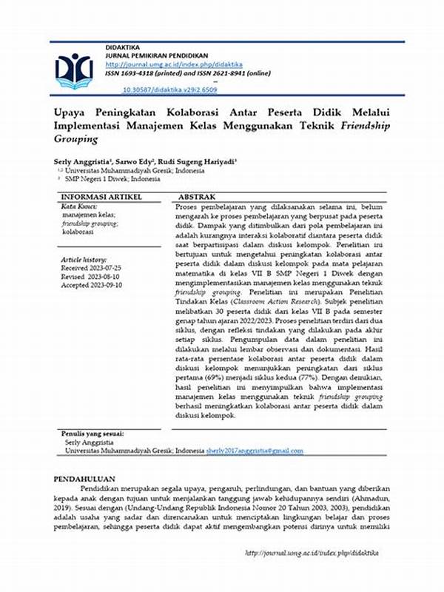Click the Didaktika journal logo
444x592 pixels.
(74, 72)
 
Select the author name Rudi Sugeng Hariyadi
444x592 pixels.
(211, 161)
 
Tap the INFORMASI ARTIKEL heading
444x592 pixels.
(99, 197)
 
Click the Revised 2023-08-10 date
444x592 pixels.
(92, 277)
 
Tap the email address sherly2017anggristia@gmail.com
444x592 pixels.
(255, 451)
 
